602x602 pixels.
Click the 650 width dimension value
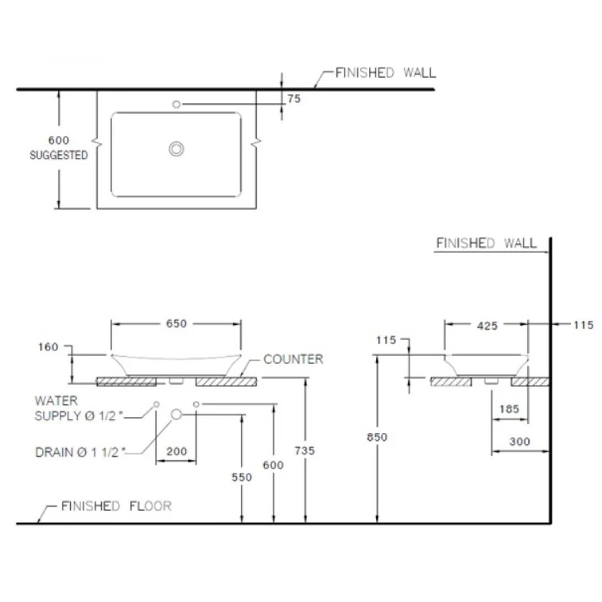(x=177, y=324)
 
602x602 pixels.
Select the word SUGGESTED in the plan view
(x=59, y=156)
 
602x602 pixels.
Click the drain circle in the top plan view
(x=177, y=149)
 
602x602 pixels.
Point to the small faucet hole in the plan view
(x=177, y=104)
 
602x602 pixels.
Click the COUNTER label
(x=293, y=360)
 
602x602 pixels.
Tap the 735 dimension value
(x=304, y=451)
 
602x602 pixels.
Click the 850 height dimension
(x=377, y=437)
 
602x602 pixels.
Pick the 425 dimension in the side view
(x=487, y=326)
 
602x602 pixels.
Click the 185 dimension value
(x=509, y=409)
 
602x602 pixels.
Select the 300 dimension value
(x=520, y=441)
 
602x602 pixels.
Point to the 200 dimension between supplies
(x=177, y=451)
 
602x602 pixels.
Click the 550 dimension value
(x=242, y=477)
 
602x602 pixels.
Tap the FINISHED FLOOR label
(x=116, y=506)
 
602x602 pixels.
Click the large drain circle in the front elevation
(x=177, y=414)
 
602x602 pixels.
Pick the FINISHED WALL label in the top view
(x=386, y=72)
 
